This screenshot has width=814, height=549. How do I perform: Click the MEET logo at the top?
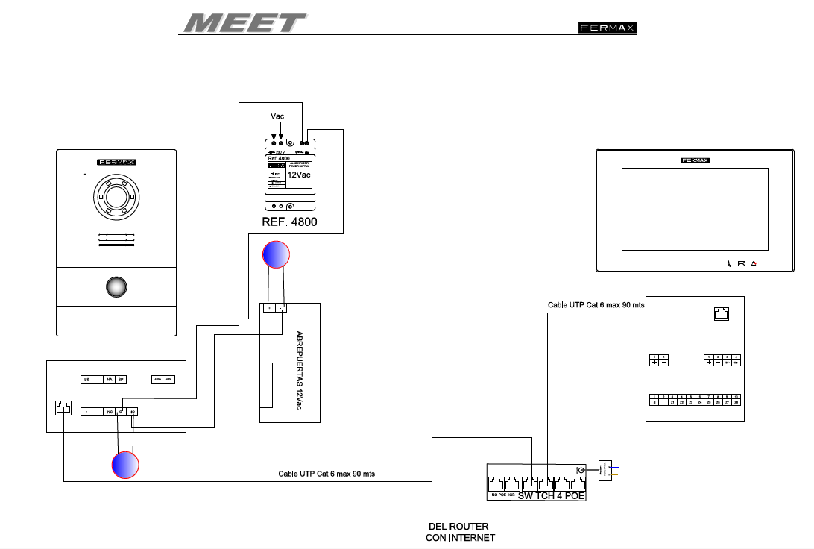coord(244,22)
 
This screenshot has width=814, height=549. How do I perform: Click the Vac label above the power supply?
coord(277,116)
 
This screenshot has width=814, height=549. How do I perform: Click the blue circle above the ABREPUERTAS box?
coord(276,254)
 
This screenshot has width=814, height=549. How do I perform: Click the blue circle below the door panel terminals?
coord(124,465)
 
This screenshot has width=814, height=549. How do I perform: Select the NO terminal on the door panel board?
coord(133,411)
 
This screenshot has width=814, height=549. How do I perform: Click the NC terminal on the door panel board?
coord(109,411)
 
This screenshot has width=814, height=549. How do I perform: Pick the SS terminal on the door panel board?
coord(87,380)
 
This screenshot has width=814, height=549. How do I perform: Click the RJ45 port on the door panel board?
coord(63,409)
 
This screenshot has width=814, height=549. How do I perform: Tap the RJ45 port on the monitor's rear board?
coord(721,314)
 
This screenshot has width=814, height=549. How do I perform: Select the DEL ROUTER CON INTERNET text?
coord(459,532)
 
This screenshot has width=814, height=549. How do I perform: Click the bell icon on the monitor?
coord(754,263)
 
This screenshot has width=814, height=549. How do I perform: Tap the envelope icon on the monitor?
coord(741,263)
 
